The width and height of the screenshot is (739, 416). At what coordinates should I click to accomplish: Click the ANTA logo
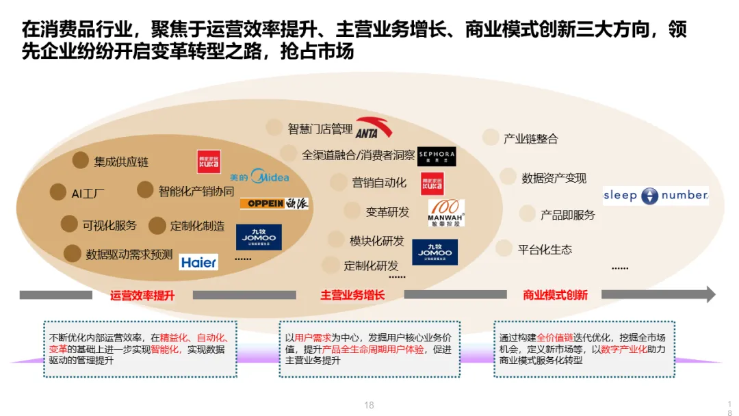pyautogui.click(x=374, y=128)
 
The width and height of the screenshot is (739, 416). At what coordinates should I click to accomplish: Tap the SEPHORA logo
pyautogui.click(x=437, y=156)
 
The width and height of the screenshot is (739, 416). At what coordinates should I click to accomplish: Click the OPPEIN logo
pyautogui.click(x=274, y=203)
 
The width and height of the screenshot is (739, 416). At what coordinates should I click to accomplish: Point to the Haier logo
pyautogui.click(x=198, y=262)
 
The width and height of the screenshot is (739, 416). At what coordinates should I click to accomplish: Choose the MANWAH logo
pyautogui.click(x=446, y=213)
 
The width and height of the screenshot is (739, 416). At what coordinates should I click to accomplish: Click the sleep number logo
pyautogui.click(x=656, y=196)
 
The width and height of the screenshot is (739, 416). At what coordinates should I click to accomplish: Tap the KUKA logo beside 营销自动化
pyautogui.click(x=432, y=183)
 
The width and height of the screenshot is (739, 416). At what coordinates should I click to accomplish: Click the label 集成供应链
pyautogui.click(x=121, y=162)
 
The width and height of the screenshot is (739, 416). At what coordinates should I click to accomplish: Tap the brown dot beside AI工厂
pyautogui.click(x=58, y=192)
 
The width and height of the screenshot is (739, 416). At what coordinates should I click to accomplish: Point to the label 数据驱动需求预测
pyautogui.click(x=129, y=255)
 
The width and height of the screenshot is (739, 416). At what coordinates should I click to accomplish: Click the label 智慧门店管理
pyautogui.click(x=320, y=129)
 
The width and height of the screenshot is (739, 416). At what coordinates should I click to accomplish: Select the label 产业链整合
pyautogui.click(x=531, y=139)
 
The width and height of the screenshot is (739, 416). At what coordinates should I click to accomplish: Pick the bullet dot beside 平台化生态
pyautogui.click(x=504, y=248)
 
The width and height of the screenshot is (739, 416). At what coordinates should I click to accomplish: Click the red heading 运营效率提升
pyautogui.click(x=142, y=296)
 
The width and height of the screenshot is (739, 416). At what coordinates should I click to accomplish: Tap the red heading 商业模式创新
pyautogui.click(x=555, y=296)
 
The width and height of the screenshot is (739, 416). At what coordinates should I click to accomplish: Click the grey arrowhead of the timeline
pyautogui.click(x=711, y=294)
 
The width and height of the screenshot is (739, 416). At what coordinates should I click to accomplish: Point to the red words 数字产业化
pyautogui.click(x=623, y=349)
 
